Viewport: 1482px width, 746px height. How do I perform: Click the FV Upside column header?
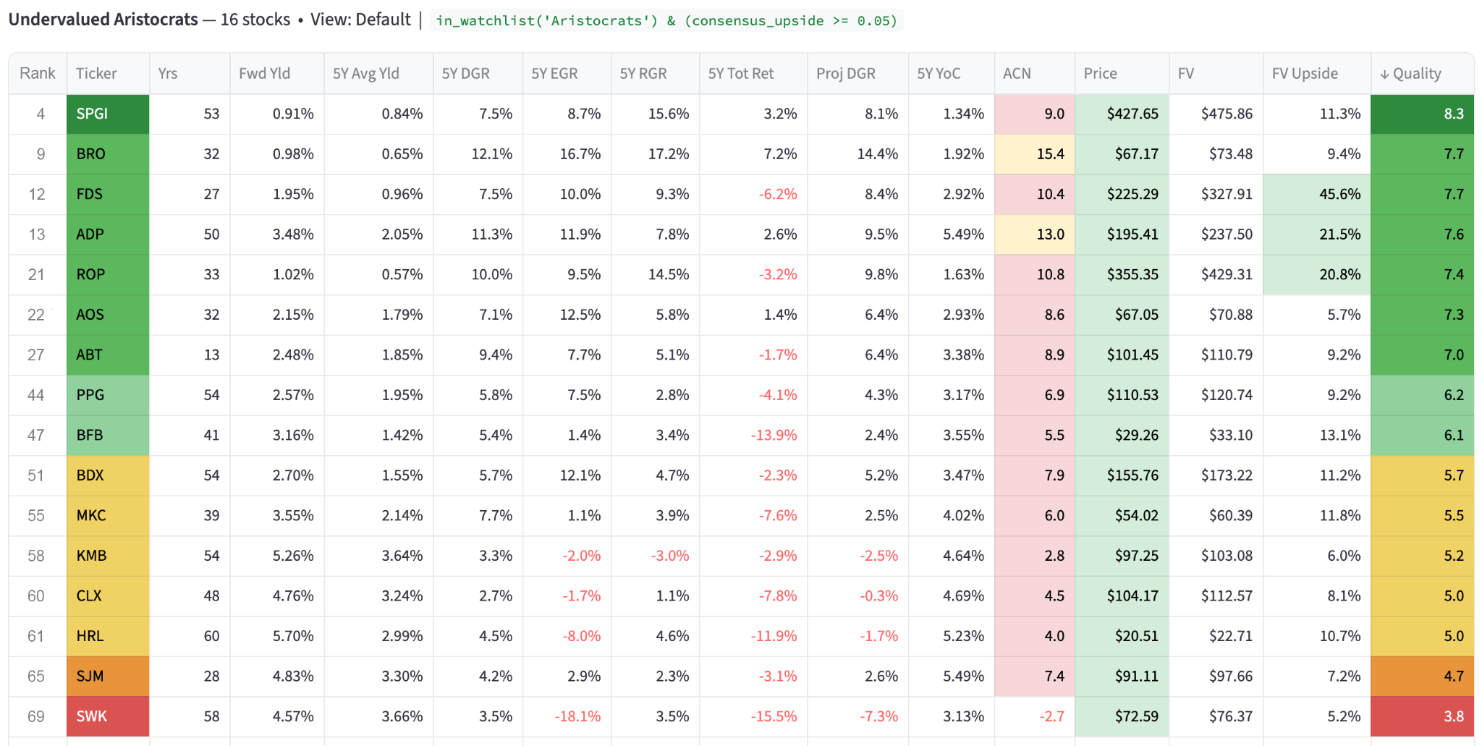(1305, 73)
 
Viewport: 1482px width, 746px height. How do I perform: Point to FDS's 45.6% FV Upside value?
(1339, 194)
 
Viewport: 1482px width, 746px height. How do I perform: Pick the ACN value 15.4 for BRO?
(1050, 154)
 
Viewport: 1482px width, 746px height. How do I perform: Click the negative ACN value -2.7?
(1051, 716)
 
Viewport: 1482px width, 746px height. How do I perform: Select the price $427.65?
(1132, 114)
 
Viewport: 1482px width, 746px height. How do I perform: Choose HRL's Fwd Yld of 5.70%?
(293, 636)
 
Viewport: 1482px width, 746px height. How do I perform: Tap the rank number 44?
(36, 395)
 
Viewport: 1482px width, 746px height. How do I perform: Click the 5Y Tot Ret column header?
(740, 73)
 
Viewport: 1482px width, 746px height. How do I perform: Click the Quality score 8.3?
(1453, 114)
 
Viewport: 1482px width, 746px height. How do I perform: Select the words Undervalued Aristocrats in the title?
(103, 20)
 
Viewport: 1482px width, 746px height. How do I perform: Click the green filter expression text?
(666, 20)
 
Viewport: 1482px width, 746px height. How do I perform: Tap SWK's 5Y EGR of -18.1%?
(577, 716)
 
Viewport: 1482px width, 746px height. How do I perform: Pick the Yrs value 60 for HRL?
(211, 636)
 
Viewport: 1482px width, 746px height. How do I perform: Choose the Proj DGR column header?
(845, 73)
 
